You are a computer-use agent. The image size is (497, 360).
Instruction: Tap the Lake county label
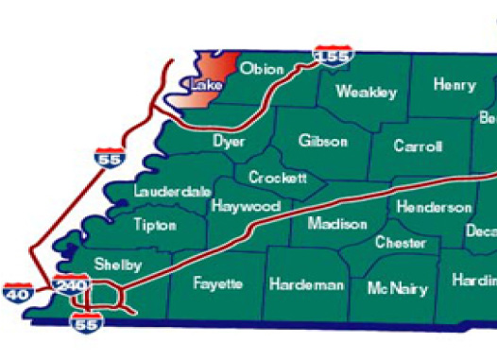click(x=205, y=86)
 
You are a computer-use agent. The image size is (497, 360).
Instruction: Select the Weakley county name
click(x=366, y=93)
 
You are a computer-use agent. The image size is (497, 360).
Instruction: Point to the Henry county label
click(x=454, y=85)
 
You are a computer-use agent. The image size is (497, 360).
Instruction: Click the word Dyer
click(x=229, y=142)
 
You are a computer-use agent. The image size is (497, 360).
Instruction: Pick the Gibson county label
click(x=322, y=142)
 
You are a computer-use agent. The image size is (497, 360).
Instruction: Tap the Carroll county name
click(x=419, y=146)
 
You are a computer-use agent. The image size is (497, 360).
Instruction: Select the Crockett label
click(x=277, y=178)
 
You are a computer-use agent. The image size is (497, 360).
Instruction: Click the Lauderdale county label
click(x=172, y=191)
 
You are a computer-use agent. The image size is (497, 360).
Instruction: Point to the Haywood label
click(x=246, y=206)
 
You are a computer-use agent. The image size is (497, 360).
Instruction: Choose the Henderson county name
click(x=434, y=207)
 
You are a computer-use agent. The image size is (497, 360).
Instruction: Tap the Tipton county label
click(x=155, y=226)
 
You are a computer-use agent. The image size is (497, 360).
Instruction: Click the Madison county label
click(x=337, y=224)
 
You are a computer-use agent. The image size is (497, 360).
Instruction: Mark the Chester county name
click(x=400, y=243)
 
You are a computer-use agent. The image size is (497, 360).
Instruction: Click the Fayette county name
click(x=217, y=283)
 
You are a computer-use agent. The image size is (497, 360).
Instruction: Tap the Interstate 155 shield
click(x=333, y=56)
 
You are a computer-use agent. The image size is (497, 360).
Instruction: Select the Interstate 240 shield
click(x=73, y=285)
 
